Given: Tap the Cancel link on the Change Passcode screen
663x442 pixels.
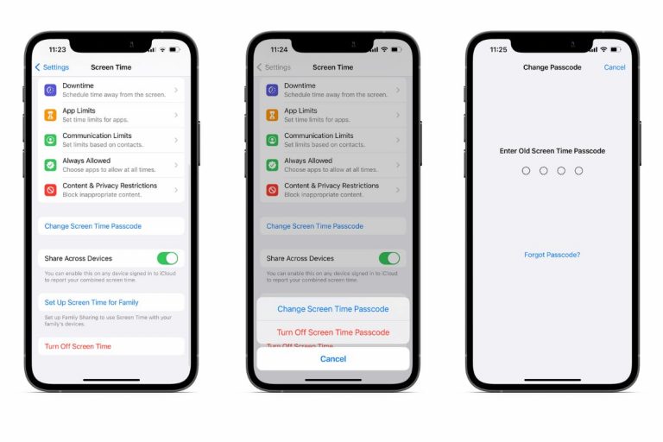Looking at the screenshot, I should pos(615,67).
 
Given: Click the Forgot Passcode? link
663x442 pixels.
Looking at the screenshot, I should pos(552,255).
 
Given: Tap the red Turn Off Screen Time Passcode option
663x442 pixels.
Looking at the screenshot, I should pos(332,332).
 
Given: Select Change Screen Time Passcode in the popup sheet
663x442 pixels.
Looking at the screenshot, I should pos(332,309).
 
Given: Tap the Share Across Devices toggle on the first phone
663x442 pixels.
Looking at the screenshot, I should pos(167,258).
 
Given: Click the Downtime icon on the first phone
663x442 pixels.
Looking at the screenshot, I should pos(51,90).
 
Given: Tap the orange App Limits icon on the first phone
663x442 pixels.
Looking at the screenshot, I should pos(51,115).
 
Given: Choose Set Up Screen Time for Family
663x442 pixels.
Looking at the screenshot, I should pos(92,302).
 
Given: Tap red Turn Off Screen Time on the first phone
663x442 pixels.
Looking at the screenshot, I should pos(78,346).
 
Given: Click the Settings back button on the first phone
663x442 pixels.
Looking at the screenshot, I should pos(52,67).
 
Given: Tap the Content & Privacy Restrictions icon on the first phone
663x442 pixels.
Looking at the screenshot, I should pos(51,189).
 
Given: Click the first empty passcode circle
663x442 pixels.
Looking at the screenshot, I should pos(526,171).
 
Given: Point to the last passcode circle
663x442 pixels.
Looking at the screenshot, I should pos(578,171).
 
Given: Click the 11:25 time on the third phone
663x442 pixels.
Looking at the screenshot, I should pos(498,49).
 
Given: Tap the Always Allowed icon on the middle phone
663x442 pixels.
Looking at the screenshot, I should pos(273,165).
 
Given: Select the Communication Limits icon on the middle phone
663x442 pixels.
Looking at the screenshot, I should pos(273,140).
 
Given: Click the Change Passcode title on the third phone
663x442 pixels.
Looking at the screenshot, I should pos(552,67).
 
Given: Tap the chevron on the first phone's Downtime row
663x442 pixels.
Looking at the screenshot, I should pos(176,90).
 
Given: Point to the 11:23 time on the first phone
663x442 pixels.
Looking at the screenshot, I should pos(57,49).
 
